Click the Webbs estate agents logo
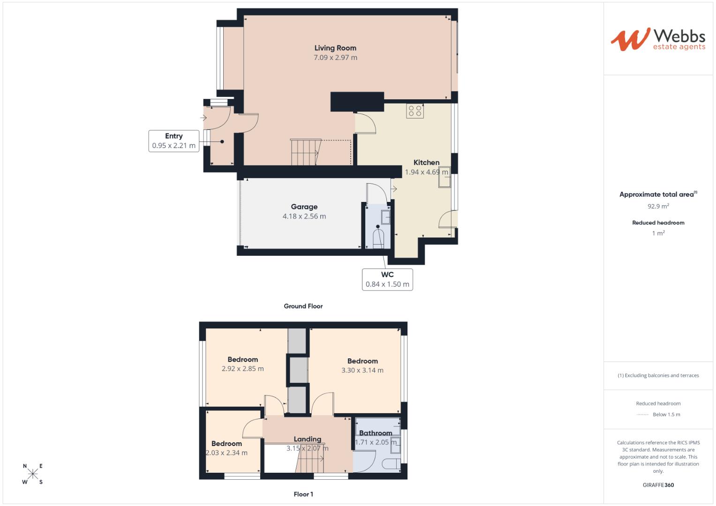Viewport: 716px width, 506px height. [x=658, y=39]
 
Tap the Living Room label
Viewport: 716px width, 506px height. [x=335, y=48]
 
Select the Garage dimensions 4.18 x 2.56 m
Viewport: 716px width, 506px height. [x=304, y=216]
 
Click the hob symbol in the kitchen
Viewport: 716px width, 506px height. [x=415, y=111]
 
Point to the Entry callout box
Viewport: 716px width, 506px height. [x=173, y=141]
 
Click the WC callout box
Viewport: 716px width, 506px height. [x=387, y=280]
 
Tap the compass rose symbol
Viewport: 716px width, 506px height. [x=32, y=474]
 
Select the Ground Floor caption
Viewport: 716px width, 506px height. [x=303, y=306]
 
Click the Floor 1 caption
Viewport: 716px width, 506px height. [x=303, y=494]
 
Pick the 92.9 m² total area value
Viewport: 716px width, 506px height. [x=658, y=206]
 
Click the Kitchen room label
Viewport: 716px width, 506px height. [x=426, y=163]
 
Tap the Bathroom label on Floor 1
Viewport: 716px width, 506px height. [x=375, y=433]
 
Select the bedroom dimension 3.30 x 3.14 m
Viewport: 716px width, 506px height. [x=362, y=370]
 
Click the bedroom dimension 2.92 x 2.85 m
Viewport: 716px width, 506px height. [x=242, y=369]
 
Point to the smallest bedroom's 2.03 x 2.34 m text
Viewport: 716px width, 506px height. [x=226, y=453]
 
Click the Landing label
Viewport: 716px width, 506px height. [x=307, y=439]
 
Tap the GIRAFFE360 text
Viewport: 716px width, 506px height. [x=658, y=485]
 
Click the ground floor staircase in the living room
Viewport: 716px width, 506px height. [x=305, y=152]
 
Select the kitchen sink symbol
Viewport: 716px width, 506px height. [x=444, y=177]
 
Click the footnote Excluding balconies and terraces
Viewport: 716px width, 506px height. [x=658, y=375]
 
